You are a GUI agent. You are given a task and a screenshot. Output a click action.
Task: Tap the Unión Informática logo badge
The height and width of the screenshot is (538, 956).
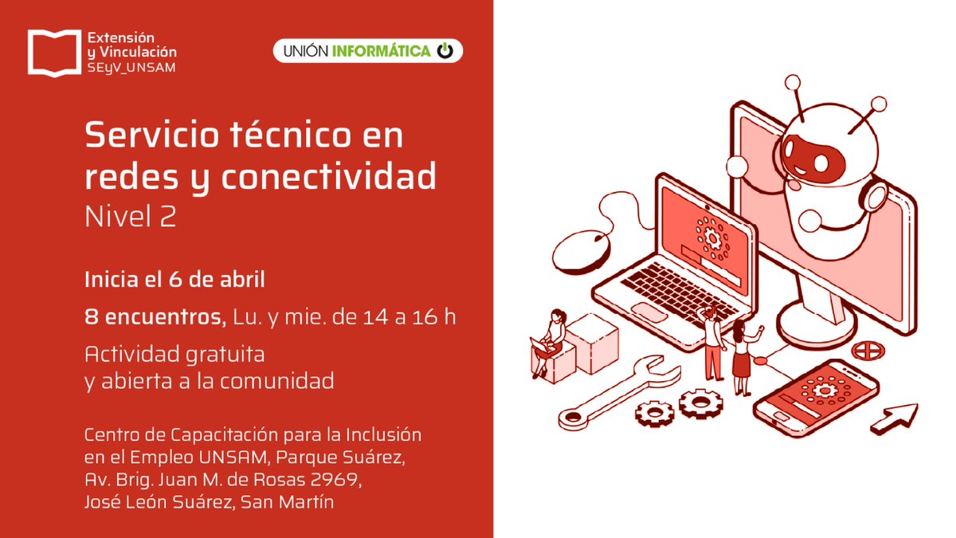tap(367, 51)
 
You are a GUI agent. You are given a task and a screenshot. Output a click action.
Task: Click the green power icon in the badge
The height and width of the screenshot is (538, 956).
tap(445, 51)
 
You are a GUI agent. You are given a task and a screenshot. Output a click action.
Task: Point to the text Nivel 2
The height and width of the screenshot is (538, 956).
tap(130, 217)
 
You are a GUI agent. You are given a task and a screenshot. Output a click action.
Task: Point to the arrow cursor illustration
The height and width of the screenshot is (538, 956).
tap(895, 420)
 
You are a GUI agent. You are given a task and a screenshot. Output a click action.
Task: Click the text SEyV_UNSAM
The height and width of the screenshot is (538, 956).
tap(131, 67)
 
